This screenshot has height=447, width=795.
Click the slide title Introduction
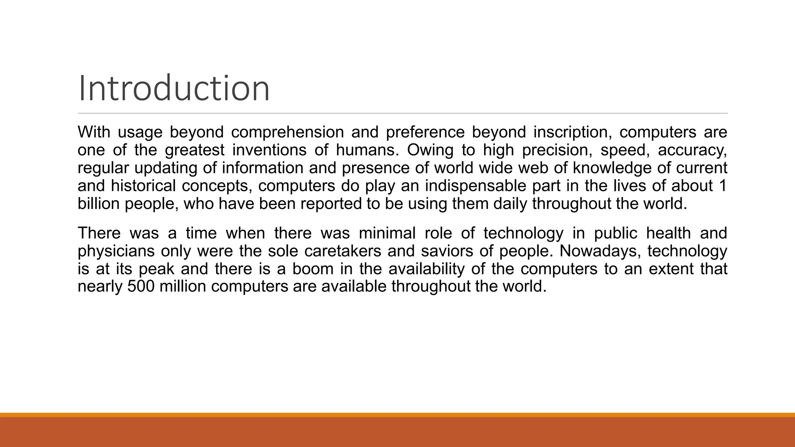click(174, 88)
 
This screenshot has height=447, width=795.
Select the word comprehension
click(287, 132)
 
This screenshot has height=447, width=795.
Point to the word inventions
click(269, 150)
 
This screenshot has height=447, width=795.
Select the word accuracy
click(692, 150)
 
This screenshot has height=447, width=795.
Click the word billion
click(99, 204)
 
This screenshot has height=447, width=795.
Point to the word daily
click(510, 204)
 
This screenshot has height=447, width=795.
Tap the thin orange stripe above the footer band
click(397, 415)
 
